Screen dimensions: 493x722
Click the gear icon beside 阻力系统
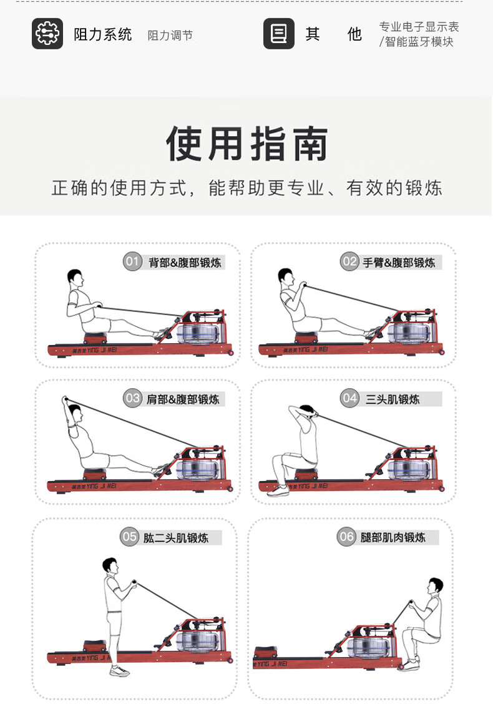pos(47,34)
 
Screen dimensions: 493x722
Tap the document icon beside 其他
pos(279,34)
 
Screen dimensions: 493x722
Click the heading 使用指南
pos(247,144)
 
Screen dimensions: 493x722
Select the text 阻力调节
pos(170,36)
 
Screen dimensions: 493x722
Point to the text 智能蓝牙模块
pos(419,42)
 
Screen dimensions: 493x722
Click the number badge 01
pos(132,261)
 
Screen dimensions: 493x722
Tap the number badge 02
pos(350,261)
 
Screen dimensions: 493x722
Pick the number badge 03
pos(132,398)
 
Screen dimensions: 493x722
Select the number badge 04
pos(350,398)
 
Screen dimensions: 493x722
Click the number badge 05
pos(129,537)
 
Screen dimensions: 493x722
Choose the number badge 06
pos(346,537)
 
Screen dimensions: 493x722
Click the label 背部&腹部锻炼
pos(185,263)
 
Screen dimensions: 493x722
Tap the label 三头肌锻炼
pos(393,399)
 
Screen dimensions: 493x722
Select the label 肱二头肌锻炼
pos(176,538)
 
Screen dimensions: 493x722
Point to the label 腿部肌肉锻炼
pos(393,537)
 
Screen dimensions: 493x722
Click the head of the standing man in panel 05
pos(110,565)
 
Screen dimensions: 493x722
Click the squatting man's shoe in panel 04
pos(278,491)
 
